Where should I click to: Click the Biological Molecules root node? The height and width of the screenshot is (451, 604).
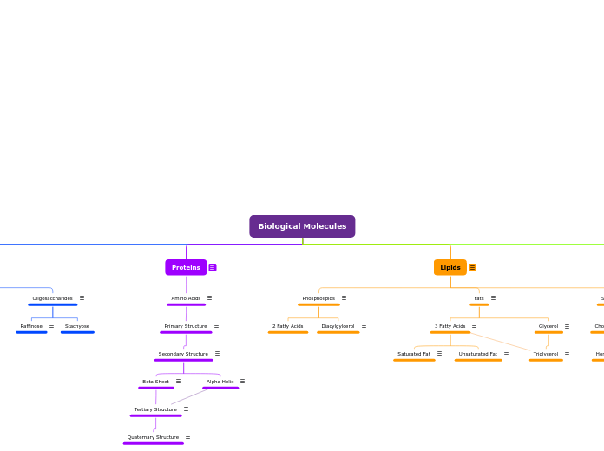pos(302,226)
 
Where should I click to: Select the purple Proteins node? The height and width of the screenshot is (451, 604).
pos(186,267)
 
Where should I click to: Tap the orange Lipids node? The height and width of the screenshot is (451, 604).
pos(450,267)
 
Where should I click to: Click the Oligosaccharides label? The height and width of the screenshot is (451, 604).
pos(53,298)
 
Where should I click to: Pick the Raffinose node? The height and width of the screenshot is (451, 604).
pos(31,326)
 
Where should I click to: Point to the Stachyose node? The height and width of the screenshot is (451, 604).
pos(77,326)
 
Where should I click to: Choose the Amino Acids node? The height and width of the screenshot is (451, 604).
pos(186,298)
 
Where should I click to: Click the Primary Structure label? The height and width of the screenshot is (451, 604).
pos(186,326)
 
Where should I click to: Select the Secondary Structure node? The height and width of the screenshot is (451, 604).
pos(183,354)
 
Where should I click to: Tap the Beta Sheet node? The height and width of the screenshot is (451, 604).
pos(156,382)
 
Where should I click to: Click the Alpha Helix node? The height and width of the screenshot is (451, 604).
pos(220,382)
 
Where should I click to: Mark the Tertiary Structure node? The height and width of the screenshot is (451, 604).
pos(155,409)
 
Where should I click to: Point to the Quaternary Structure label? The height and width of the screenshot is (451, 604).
pos(153,437)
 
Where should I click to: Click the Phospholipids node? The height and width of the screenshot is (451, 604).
pos(318,298)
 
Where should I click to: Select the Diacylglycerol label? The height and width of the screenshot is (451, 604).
pos(338,326)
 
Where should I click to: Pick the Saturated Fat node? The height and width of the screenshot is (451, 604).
pos(414,354)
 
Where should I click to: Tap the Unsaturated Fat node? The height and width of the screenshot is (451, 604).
pos(478,354)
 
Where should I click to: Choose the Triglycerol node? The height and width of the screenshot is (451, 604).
pos(546,354)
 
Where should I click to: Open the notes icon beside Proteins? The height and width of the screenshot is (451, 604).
pos(213,267)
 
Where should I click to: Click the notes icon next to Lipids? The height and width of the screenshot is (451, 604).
pos(473,267)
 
